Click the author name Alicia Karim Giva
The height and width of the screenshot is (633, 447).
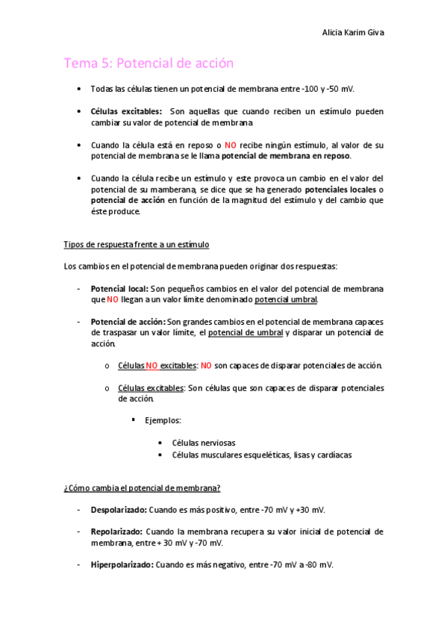coord(353,33)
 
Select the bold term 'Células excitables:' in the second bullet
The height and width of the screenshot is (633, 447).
coord(125,111)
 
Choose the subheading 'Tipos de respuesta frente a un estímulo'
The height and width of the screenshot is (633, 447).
coord(137,244)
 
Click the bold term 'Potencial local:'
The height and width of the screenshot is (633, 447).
coord(119,288)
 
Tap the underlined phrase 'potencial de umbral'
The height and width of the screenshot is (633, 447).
coord(246,333)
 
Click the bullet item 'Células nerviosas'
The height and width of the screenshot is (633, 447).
coord(203,443)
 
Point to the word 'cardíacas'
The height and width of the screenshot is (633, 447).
coord(333,454)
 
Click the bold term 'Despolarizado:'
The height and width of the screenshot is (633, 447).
coord(118,510)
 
